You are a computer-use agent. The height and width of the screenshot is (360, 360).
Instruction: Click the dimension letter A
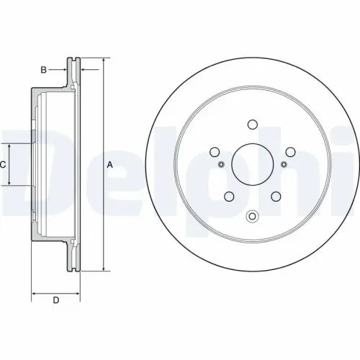click(109, 165)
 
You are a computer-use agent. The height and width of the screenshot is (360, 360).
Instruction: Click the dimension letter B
click(43, 70)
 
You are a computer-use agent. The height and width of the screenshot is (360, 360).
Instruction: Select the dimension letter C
click(4, 165)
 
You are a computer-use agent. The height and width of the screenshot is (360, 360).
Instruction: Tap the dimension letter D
click(55, 300)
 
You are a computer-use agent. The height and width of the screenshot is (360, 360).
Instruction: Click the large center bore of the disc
click(252, 165)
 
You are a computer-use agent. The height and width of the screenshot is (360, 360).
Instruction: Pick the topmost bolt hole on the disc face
click(252, 124)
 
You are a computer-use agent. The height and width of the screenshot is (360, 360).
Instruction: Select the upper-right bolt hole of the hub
click(290, 152)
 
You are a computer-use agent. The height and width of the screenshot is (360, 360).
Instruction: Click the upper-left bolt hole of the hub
click(214, 152)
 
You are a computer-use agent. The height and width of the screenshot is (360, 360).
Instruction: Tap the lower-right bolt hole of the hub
click(276, 197)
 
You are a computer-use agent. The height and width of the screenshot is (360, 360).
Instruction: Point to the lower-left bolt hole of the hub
click(228, 197)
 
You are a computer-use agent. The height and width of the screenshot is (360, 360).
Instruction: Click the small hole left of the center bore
click(220, 165)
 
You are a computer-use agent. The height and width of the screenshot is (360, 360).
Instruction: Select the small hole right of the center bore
click(284, 165)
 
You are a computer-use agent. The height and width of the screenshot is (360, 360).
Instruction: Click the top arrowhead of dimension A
click(103, 60)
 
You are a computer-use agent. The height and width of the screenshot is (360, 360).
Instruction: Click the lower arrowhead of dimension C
click(10, 184)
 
